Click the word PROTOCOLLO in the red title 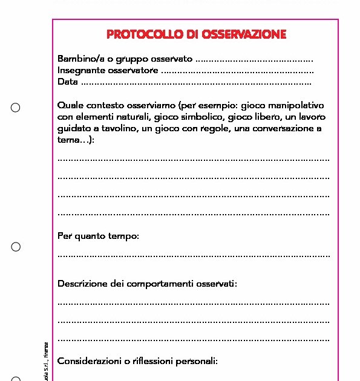139,34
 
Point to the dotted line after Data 196,82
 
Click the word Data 68,82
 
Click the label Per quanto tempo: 98,236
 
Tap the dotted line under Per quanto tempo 194,256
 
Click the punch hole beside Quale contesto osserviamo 16,108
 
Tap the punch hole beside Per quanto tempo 16,247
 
